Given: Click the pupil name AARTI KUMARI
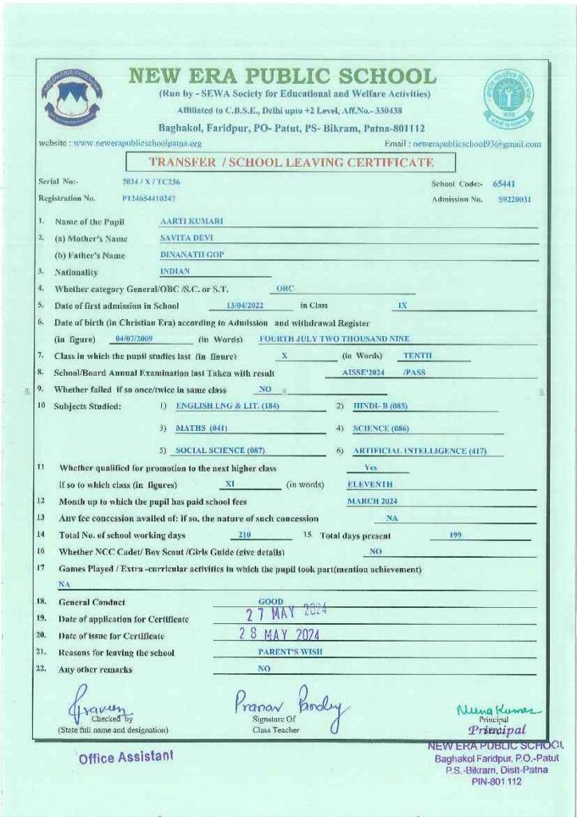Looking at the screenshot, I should point(192,220).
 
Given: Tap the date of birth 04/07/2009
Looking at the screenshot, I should point(133,339).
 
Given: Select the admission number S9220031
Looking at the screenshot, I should point(515,199).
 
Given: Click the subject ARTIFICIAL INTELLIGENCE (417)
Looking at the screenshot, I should point(421,451).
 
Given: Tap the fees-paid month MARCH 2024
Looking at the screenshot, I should point(372,501).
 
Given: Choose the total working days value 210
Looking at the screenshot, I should point(245,535).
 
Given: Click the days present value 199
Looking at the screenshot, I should point(456,535).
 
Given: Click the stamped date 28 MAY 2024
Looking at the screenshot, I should point(279,635).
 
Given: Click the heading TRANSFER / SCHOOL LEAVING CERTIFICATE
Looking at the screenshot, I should point(291,163).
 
